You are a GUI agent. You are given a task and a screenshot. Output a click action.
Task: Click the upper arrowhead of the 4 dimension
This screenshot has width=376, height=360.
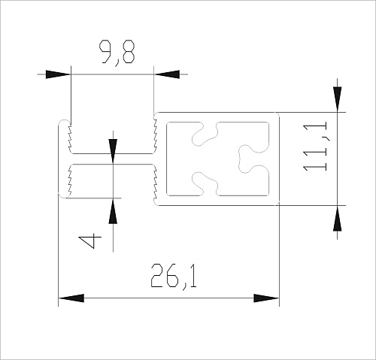(112, 147)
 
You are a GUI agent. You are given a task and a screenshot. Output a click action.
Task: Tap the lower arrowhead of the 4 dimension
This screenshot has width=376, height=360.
(112, 212)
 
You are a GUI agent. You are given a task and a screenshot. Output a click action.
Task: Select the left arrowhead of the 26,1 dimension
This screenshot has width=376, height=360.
(71, 298)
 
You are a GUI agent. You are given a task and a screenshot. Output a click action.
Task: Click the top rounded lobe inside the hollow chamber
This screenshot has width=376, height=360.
(201, 135)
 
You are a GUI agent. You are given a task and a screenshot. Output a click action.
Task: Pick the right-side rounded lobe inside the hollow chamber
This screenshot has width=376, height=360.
(247, 157)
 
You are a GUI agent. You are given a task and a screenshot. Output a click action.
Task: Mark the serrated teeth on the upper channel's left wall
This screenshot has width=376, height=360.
(68, 138)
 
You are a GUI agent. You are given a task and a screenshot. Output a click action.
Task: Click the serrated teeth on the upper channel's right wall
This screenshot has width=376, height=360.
(153, 138)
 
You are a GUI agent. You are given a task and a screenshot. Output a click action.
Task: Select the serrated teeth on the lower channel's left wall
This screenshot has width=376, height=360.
(68, 180)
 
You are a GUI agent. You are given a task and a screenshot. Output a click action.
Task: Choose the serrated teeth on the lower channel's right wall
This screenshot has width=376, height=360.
(153, 180)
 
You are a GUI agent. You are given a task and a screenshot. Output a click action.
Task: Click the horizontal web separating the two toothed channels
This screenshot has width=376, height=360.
(111, 159)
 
